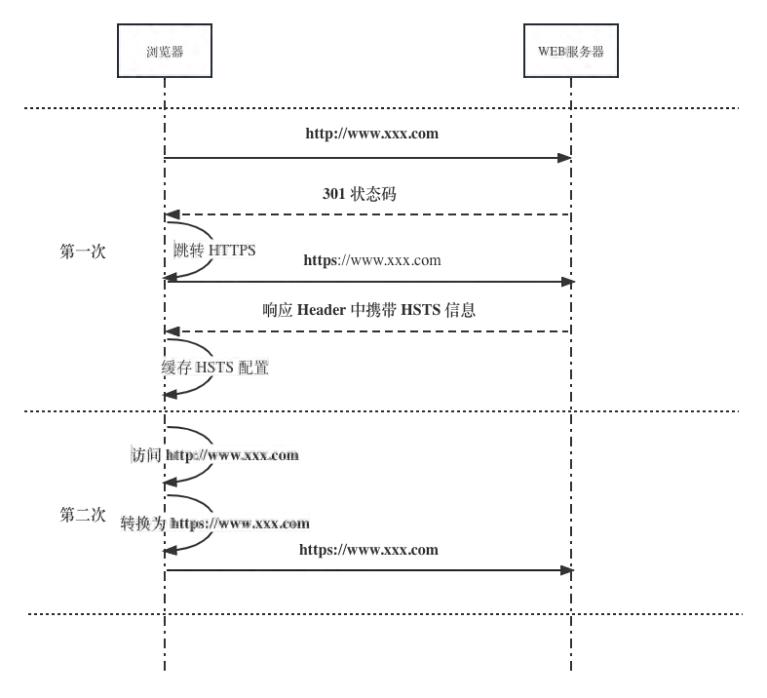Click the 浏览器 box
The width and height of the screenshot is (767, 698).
(x=165, y=51)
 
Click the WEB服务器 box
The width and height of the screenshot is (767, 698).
(x=571, y=51)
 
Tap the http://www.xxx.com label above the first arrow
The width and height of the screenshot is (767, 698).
(x=372, y=134)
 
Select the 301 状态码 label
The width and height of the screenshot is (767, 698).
(x=359, y=194)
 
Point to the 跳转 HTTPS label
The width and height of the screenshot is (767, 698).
(x=214, y=251)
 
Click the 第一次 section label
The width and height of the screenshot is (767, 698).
(x=83, y=252)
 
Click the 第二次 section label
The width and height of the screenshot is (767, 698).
(x=83, y=515)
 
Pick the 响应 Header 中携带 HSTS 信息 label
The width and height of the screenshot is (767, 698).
(x=368, y=311)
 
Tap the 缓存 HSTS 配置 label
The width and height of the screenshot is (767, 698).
(x=215, y=368)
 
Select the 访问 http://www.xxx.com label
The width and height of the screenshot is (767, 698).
(x=215, y=454)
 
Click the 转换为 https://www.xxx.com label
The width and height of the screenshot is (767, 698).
(x=215, y=523)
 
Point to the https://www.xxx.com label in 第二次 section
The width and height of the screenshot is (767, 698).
(x=368, y=550)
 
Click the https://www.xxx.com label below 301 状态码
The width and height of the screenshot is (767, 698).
(x=371, y=260)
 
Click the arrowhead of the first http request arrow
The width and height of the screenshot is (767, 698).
(x=566, y=158)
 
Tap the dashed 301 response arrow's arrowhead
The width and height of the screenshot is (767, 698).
(x=171, y=214)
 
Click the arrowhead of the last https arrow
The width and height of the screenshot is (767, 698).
(x=569, y=570)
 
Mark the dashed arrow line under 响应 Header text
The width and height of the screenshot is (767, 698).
(x=370, y=331)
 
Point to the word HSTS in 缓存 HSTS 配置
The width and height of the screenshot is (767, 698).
(x=215, y=368)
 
